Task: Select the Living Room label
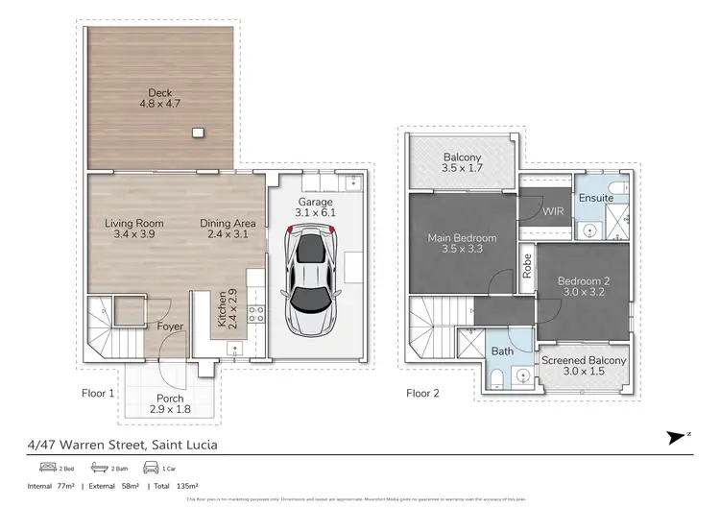(x=133, y=229)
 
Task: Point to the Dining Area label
(x=227, y=229)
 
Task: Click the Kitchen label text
(x=226, y=309)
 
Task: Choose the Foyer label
(x=171, y=327)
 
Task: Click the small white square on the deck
(x=198, y=133)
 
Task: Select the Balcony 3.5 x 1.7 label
(x=463, y=164)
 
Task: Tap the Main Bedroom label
(x=463, y=244)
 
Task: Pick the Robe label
(x=527, y=265)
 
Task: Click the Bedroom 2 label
(x=584, y=287)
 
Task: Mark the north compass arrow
(x=676, y=437)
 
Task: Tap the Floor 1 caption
(x=99, y=393)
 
